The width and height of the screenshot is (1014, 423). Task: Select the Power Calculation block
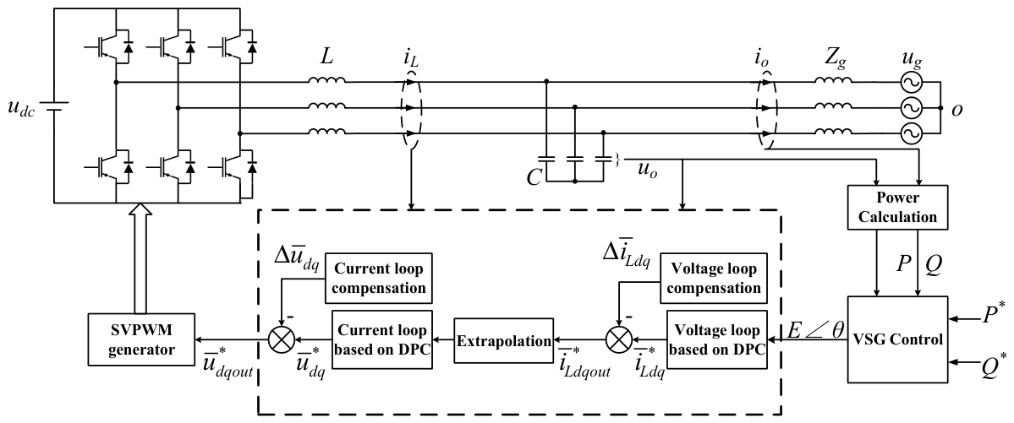(898, 207)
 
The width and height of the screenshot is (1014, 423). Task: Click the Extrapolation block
(504, 339)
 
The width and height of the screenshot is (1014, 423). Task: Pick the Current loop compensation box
(378, 277)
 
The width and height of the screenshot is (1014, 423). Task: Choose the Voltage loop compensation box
(713, 277)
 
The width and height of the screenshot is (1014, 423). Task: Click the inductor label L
(326, 58)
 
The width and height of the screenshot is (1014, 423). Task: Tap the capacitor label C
(533, 177)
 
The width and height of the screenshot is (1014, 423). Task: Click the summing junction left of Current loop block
(282, 339)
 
